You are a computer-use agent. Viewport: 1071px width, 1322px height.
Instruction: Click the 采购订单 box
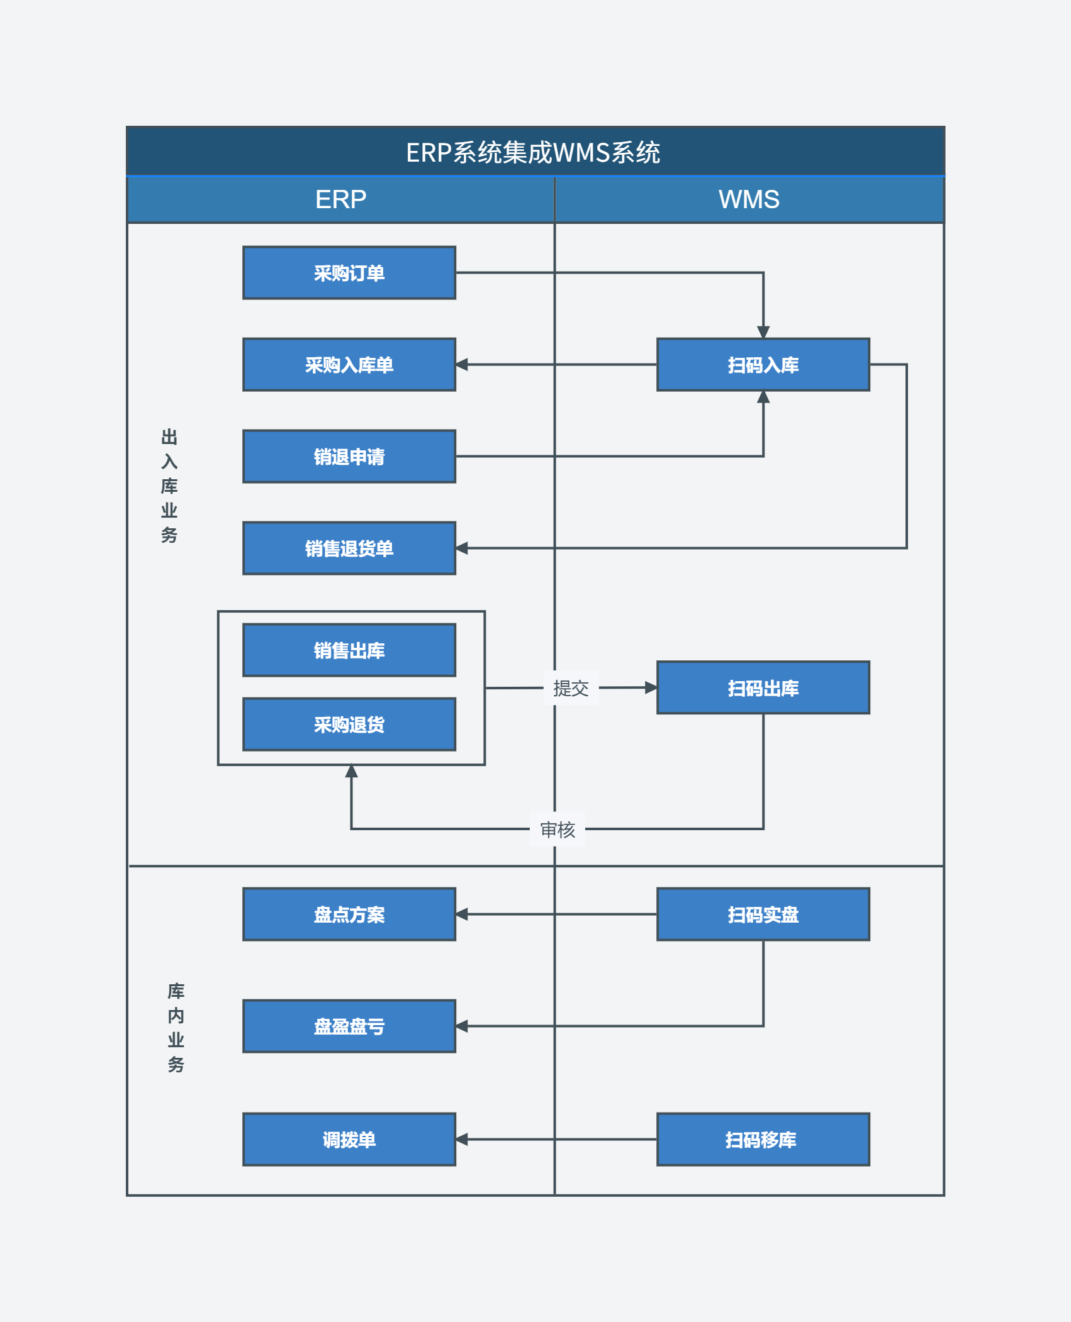pos(349,273)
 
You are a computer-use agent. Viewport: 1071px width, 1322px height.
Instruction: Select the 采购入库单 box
pos(349,365)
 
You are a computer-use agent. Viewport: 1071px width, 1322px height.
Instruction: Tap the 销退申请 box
pos(349,457)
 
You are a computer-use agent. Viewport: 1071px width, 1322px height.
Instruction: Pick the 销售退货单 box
pos(349,548)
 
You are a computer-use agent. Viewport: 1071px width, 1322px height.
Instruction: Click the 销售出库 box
pos(349,650)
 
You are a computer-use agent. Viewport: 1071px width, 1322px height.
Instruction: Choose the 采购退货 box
pos(349,725)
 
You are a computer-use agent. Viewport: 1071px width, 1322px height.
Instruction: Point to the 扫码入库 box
pos(763,365)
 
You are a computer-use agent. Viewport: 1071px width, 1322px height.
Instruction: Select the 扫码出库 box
pos(763,687)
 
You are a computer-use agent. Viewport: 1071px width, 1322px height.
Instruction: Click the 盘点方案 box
pos(349,914)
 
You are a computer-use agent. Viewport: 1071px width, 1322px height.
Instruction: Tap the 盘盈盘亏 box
pos(349,1026)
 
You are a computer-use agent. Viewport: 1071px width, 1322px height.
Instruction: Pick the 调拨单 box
pos(349,1140)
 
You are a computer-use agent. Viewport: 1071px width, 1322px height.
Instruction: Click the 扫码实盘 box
pos(763,914)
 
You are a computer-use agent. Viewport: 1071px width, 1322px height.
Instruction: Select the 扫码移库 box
pos(763,1140)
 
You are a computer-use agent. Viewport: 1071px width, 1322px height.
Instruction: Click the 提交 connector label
pos(571,688)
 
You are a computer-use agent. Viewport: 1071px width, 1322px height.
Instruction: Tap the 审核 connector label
pos(558,830)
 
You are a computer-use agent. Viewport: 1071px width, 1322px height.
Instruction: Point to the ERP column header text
pos(340,199)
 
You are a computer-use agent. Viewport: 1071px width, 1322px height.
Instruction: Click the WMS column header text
pos(749,199)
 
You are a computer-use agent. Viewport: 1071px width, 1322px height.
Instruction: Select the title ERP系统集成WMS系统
pos(533,152)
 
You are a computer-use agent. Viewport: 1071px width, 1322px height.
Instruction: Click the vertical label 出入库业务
pos(169,486)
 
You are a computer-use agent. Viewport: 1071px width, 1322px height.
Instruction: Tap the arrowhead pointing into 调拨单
pos(462,1140)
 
